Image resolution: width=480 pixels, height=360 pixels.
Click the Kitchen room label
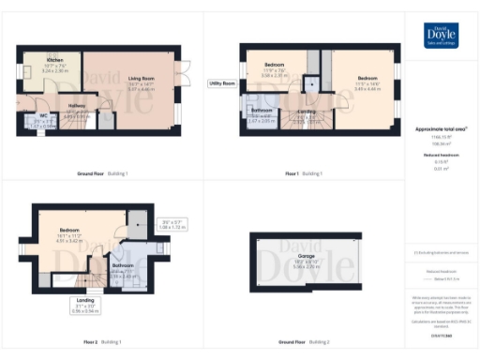tap(53, 64)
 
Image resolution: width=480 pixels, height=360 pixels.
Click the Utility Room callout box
tap(221, 83)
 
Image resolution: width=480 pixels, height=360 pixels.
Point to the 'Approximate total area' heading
tap(442, 128)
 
